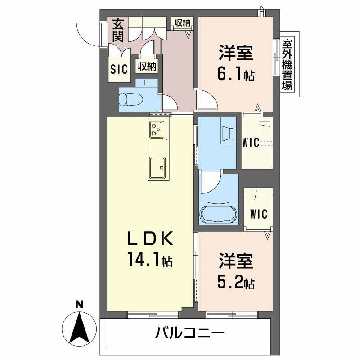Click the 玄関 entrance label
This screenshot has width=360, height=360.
[x=118, y=30]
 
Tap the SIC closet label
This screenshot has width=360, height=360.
[x=120, y=68]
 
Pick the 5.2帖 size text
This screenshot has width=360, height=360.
[x=237, y=283]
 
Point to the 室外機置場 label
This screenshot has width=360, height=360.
[x=287, y=65]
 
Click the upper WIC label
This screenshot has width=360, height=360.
[x=250, y=143]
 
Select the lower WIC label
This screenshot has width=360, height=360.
[x=259, y=214]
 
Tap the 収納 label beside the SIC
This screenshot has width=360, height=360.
[x=147, y=67]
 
